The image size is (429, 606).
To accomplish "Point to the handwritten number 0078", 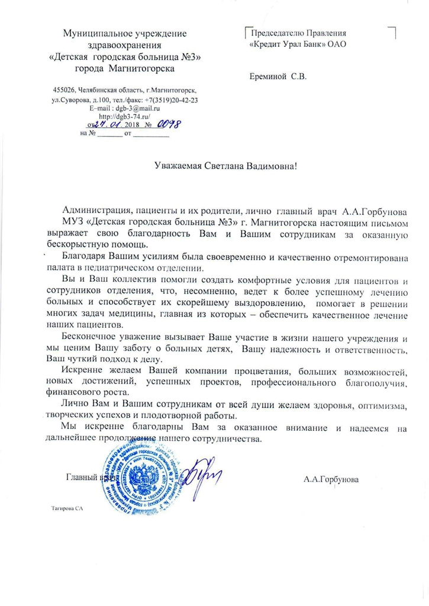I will tap(167, 124).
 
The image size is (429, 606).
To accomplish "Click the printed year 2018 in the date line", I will tap(131, 125).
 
